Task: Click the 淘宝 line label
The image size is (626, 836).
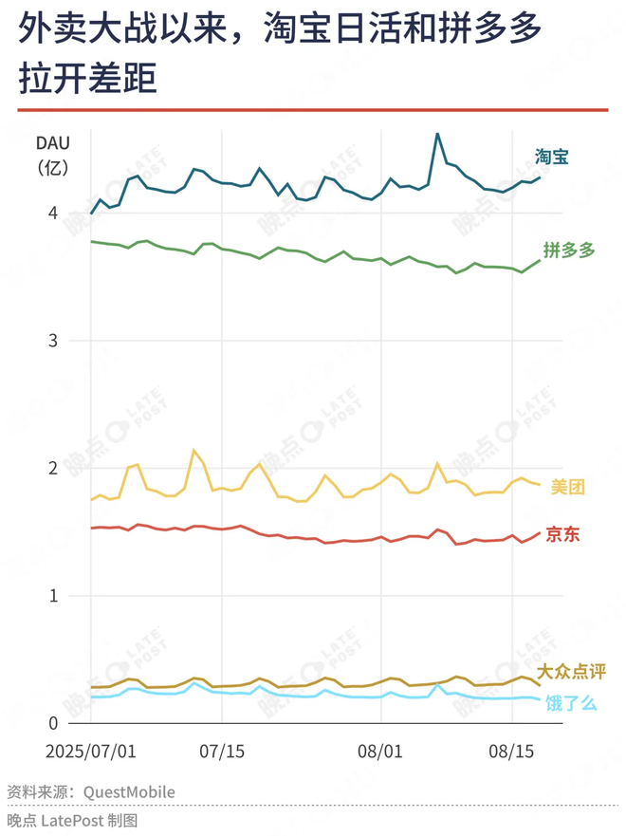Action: click(551, 157)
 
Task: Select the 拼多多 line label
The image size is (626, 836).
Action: click(569, 251)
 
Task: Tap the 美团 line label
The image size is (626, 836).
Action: click(568, 487)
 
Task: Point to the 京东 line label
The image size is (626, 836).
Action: click(562, 535)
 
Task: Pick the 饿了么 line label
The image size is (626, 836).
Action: click(571, 703)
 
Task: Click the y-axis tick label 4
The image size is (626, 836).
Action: click(53, 214)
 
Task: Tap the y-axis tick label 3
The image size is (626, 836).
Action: click(53, 341)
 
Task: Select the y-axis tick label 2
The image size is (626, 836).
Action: click(53, 469)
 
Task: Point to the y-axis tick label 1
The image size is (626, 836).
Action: click(53, 596)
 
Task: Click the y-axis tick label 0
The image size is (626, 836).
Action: click(53, 723)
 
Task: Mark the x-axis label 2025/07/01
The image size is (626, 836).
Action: click(91, 751)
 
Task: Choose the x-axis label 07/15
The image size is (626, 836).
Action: click(222, 751)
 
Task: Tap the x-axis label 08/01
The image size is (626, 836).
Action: click(378, 751)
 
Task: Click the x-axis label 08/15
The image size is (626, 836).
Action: click(510, 751)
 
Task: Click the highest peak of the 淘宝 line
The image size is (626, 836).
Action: click(437, 134)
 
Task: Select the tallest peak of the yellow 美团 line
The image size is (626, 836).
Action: click(194, 451)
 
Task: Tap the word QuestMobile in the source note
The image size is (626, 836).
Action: click(129, 791)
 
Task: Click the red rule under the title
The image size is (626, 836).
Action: click(312, 110)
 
